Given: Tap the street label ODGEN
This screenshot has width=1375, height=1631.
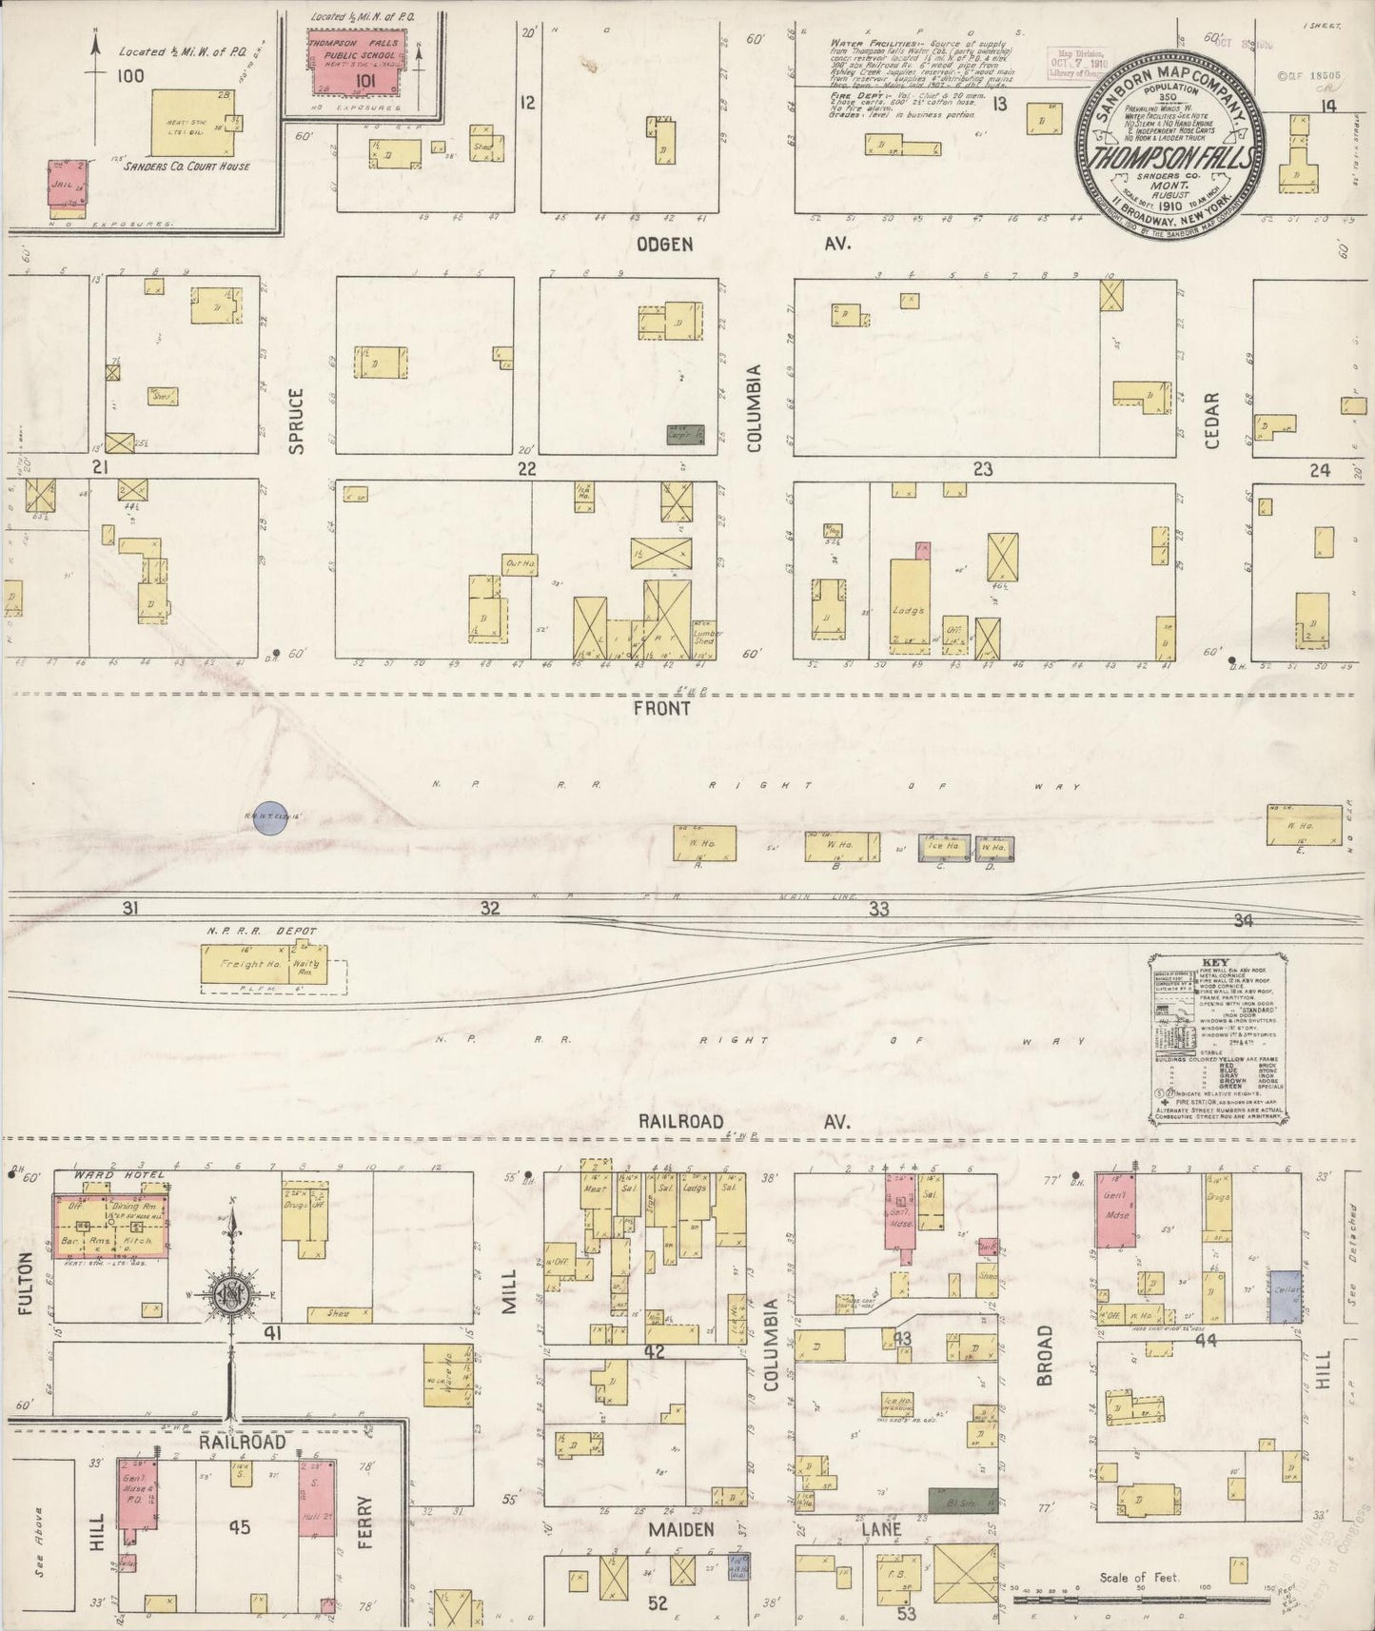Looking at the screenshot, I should tap(664, 245).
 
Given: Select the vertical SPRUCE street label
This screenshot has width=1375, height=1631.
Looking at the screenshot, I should tap(296, 420).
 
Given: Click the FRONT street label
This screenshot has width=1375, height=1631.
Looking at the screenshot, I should tap(666, 708).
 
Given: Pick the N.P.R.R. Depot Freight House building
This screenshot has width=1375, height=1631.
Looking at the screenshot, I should tap(242, 965).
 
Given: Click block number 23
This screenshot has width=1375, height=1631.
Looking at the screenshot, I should tap(982, 468).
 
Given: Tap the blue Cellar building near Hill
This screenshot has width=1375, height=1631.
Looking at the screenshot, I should tap(1286, 1295).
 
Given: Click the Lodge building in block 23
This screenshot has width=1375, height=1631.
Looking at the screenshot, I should tap(909, 605).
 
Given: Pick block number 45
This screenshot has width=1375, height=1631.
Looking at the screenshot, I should tap(239, 1527).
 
